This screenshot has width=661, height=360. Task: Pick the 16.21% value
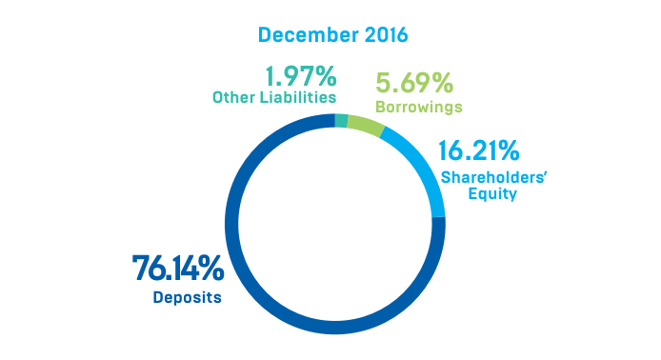point(478,150)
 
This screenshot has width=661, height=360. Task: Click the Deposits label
point(187,297)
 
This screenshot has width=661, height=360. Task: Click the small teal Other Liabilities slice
point(341,120)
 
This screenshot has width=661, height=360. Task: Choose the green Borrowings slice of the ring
point(365,125)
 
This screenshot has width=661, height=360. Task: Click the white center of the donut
point(333,224)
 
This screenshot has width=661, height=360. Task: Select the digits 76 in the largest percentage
point(151,269)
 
